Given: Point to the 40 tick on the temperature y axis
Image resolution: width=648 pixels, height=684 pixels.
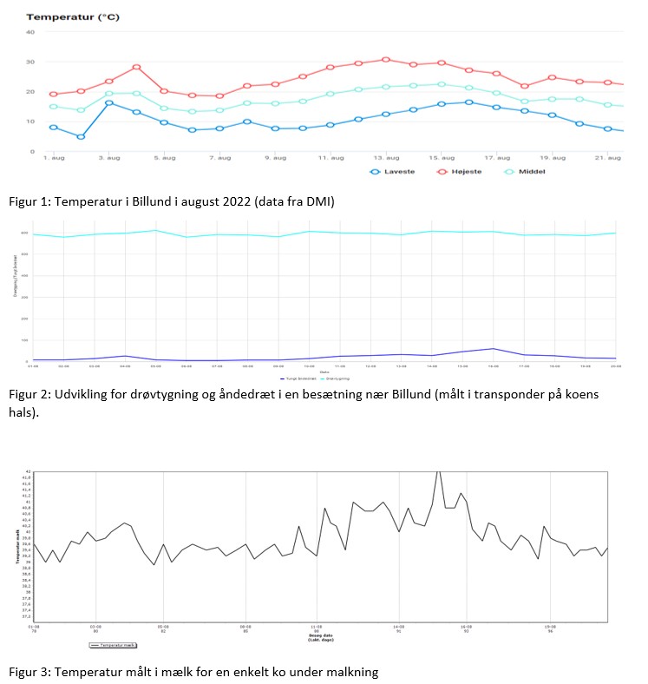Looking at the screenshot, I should point(30,32).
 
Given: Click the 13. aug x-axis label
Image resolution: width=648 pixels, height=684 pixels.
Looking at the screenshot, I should point(386,158).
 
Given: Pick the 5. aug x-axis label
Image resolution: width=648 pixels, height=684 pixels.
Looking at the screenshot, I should point(164,158).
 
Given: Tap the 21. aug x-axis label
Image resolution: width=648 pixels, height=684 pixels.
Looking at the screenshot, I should point(607,158).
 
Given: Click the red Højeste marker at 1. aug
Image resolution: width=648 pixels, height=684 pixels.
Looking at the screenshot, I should point(53,94).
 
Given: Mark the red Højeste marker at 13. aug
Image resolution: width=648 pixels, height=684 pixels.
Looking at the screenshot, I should point(386,59).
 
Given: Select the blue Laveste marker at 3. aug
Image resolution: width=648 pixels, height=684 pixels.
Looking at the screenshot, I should point(109,102).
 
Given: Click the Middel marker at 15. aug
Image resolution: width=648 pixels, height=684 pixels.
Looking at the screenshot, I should point(442,84).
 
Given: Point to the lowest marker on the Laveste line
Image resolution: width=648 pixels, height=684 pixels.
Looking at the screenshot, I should point(81,136).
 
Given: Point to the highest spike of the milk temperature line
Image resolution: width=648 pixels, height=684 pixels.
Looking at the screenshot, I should point(439,470).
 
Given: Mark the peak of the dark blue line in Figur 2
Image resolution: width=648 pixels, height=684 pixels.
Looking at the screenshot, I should point(493,349).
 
